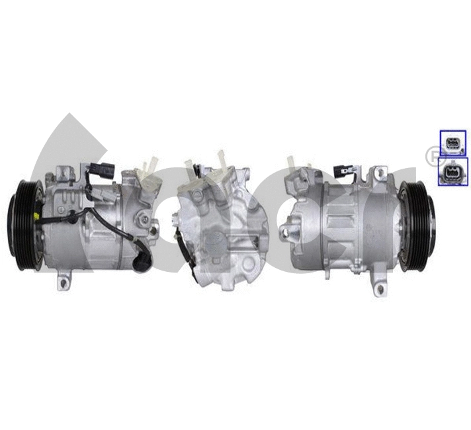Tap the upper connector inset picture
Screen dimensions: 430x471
coord(453,142)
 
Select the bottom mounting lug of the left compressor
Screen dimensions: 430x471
coord(64,281)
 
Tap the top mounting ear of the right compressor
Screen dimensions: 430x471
coord(380,173)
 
